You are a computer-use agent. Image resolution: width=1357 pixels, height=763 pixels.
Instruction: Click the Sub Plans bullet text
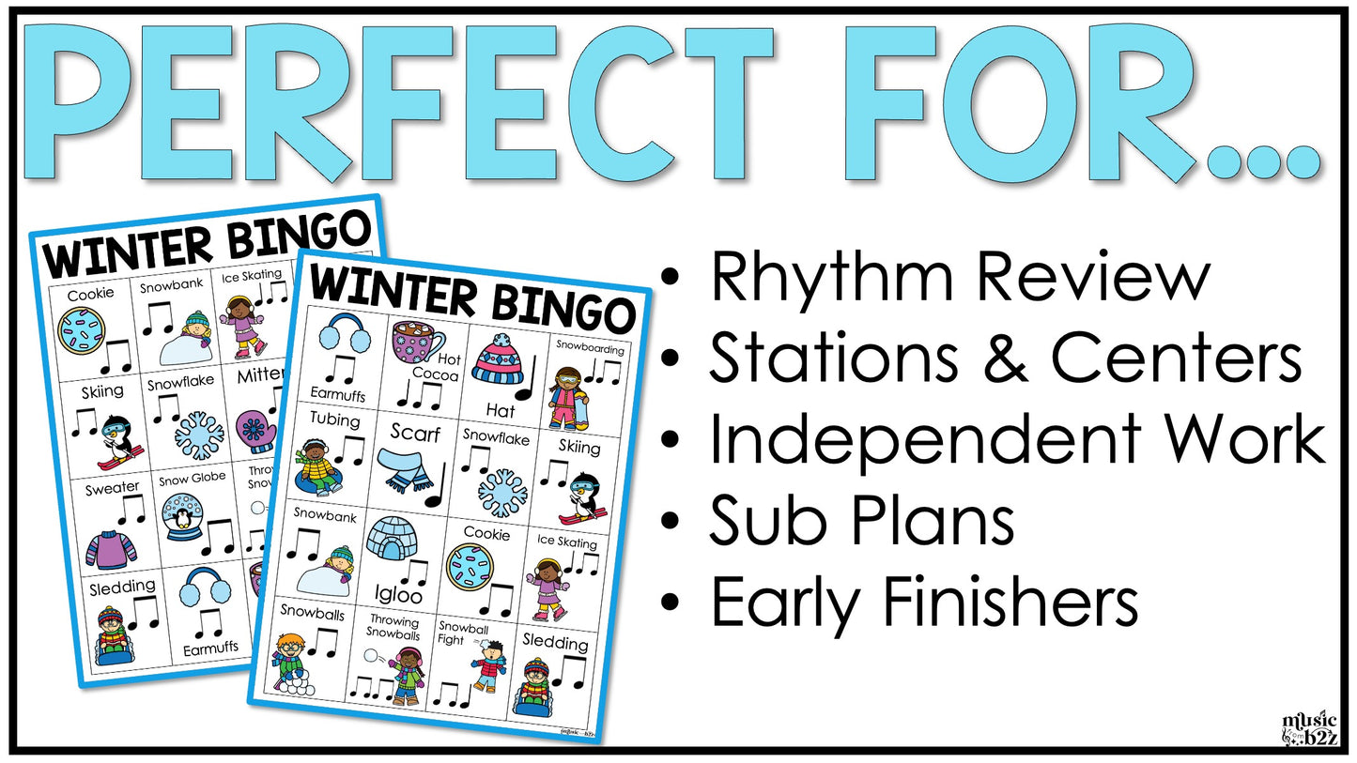[861, 521]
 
